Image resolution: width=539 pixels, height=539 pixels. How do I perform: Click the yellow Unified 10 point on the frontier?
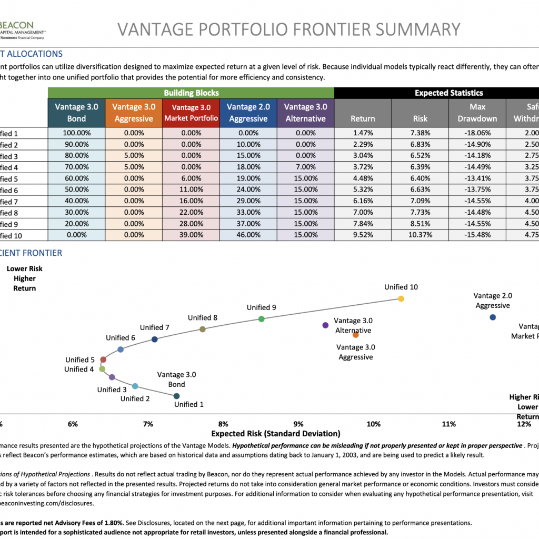tap(401, 299)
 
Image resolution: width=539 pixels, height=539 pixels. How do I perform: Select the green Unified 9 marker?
tap(262, 319)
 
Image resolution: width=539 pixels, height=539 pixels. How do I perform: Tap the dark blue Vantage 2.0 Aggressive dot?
tap(493, 317)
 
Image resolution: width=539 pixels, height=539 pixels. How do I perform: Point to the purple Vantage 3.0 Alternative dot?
tap(325, 325)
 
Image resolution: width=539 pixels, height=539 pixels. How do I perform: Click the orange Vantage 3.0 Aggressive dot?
tap(355, 335)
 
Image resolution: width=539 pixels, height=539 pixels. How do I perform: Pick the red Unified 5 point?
tap(103, 360)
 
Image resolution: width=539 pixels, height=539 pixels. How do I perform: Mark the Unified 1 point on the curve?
tap(177, 396)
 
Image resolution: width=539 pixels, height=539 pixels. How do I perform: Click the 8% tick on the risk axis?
tap(223, 424)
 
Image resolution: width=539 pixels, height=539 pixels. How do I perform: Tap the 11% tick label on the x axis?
tap(448, 424)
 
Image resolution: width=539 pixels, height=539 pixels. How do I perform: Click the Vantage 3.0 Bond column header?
tap(76, 113)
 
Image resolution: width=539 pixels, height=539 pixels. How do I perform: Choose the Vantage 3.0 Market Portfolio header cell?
tap(191, 113)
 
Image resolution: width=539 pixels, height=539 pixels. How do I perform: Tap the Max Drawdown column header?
tap(477, 113)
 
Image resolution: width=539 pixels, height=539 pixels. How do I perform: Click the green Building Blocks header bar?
tap(191, 93)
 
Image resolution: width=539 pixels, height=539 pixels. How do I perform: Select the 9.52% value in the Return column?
tap(363, 235)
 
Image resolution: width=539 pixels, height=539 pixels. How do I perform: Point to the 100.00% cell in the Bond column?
tap(76, 133)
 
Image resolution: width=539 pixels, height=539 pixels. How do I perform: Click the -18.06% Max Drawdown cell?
tap(477, 133)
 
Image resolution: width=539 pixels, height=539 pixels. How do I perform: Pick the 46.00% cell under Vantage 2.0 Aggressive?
tap(248, 235)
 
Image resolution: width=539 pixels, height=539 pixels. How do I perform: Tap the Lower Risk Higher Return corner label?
tap(25, 278)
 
